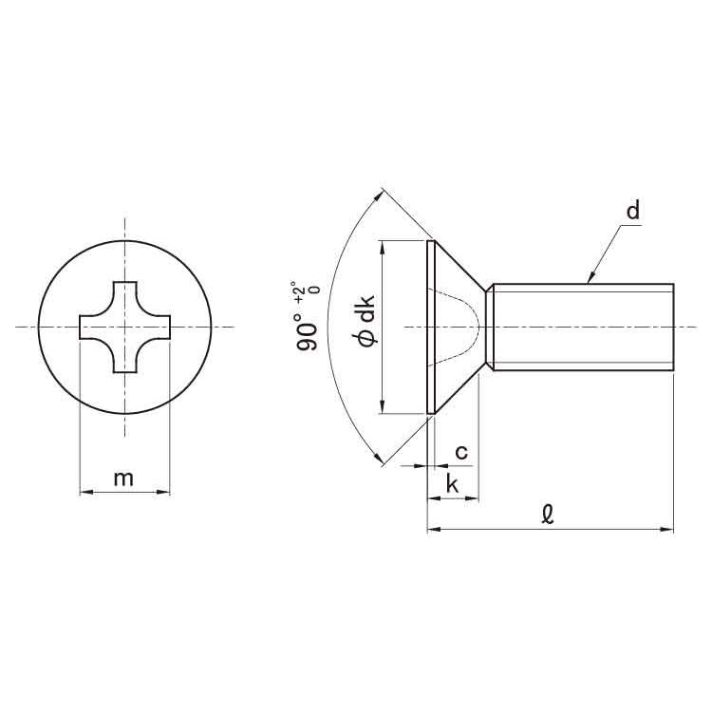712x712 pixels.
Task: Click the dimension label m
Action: (124, 478)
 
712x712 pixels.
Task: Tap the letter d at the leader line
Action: (632, 210)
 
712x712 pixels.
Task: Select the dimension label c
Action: (461, 452)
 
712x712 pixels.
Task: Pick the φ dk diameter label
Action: (366, 322)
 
